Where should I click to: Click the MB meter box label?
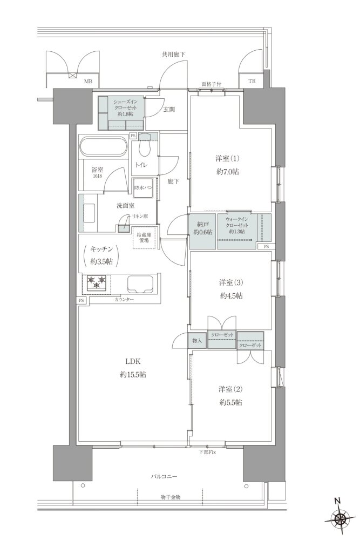89,82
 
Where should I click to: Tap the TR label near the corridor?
252,82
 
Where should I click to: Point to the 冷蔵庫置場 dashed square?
144,238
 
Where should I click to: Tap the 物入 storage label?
196,341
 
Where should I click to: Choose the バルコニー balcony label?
164,477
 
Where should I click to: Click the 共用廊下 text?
174,55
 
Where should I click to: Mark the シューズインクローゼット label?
125,107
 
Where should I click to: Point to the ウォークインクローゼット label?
236,226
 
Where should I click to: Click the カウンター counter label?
124,300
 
